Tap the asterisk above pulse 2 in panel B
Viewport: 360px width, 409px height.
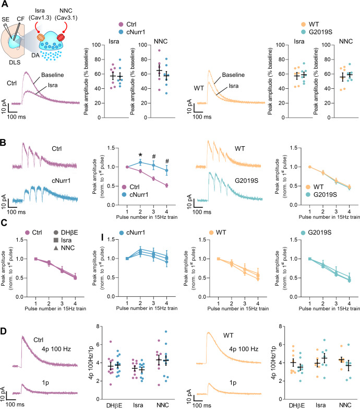(125, 156)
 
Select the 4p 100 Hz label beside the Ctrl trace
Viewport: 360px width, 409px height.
(55, 366)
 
